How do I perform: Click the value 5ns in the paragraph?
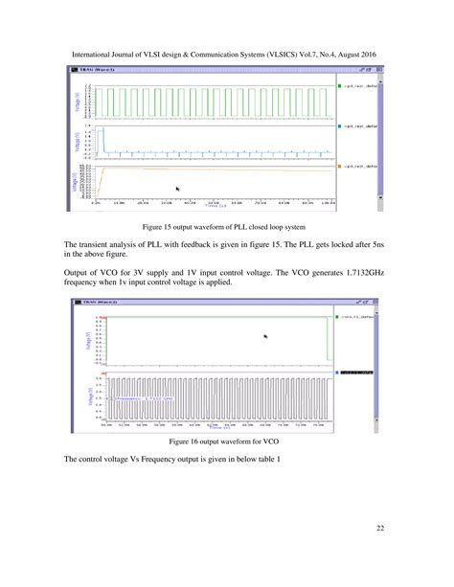[382, 245]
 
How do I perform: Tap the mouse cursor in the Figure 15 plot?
[177, 189]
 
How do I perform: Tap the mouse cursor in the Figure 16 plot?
[265, 335]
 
